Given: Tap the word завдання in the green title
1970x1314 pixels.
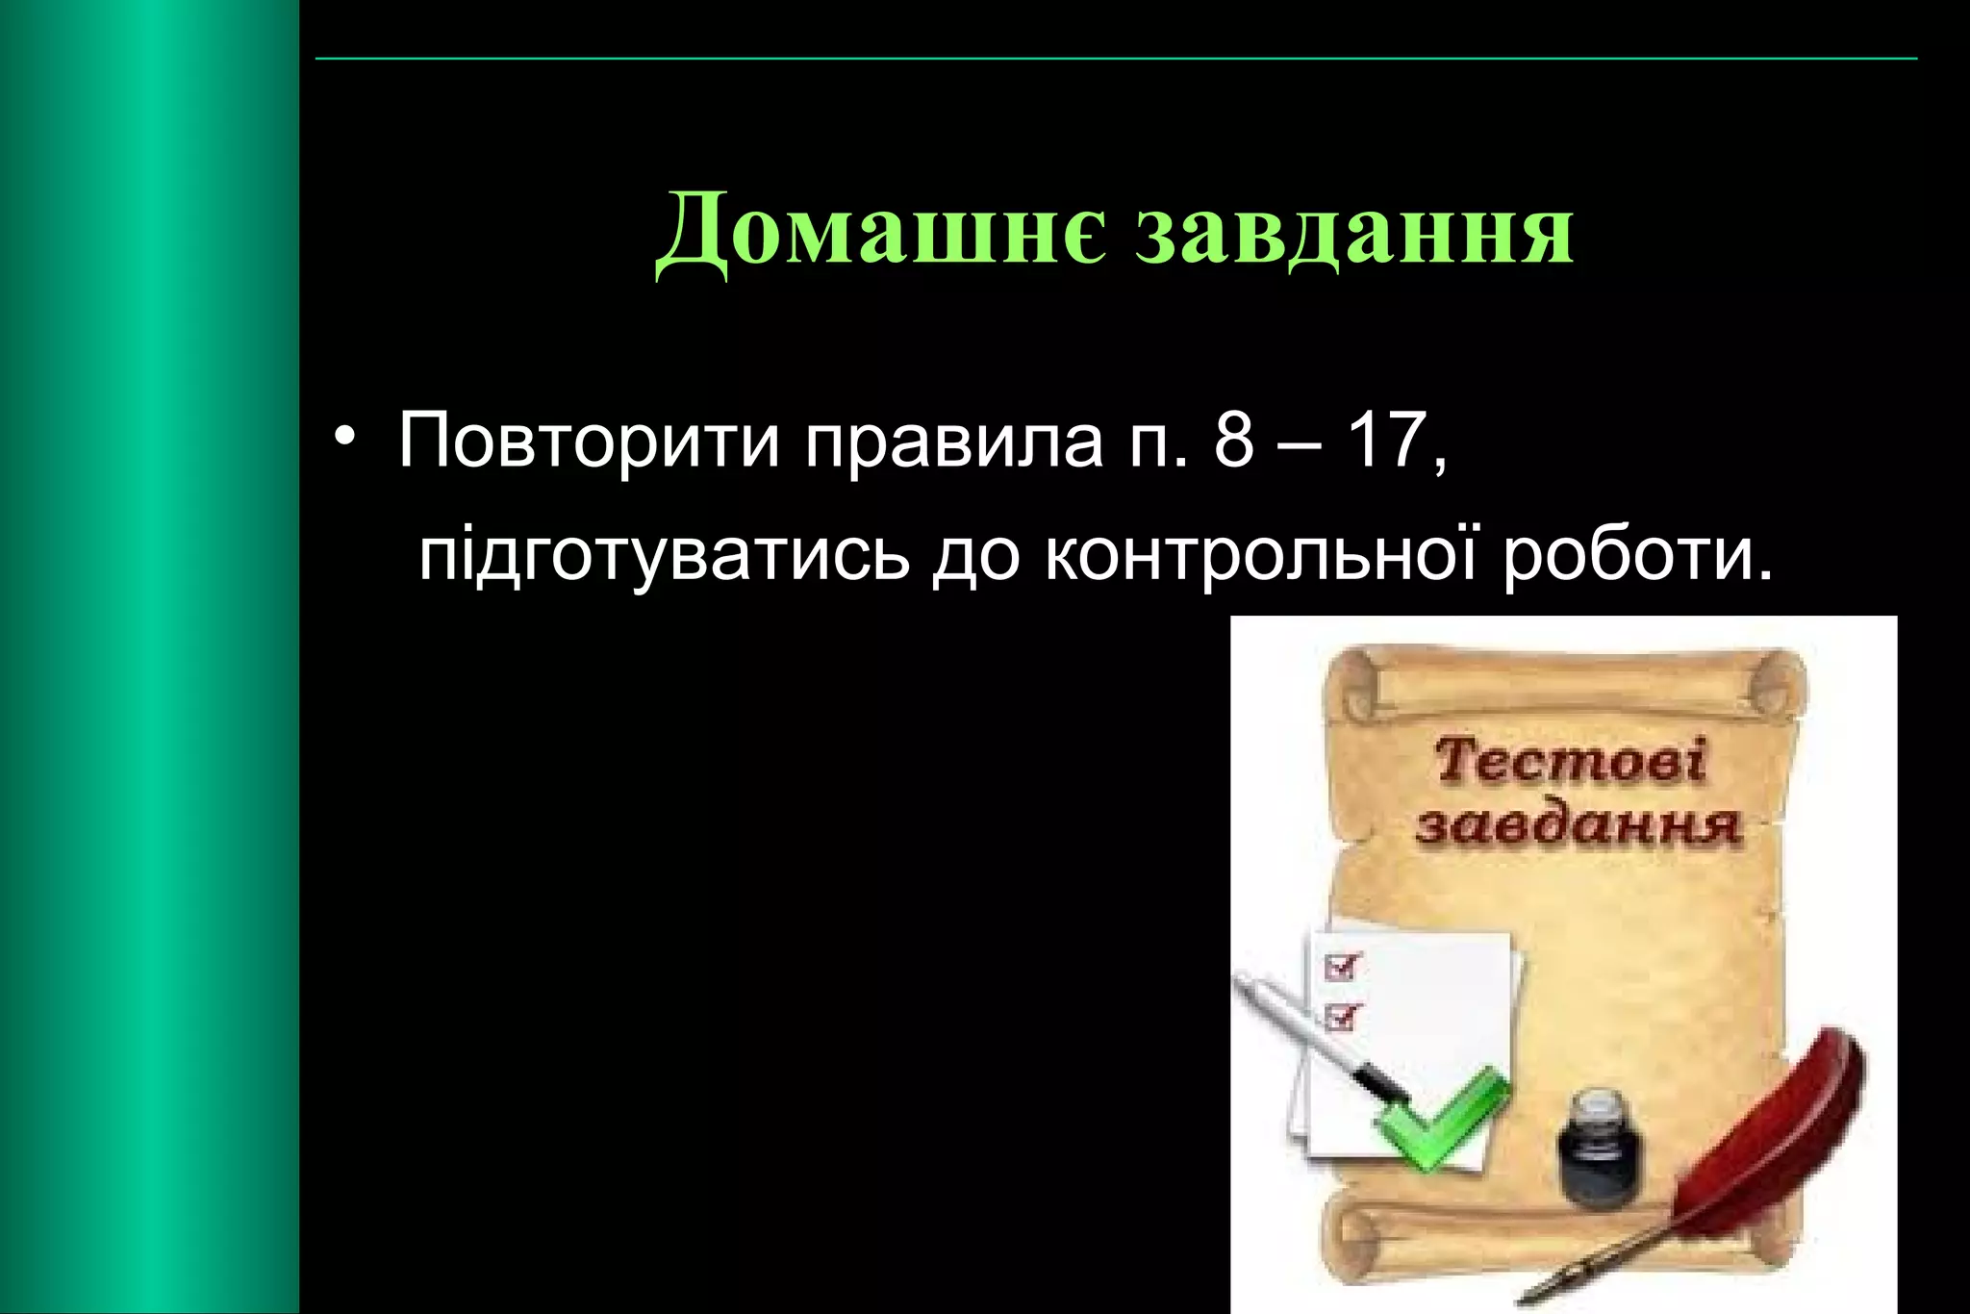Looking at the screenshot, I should (x=1354, y=232).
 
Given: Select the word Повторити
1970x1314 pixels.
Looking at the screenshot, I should (x=589, y=441).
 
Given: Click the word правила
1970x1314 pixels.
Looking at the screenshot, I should (x=954, y=441).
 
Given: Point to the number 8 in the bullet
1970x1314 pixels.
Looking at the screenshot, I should (x=1234, y=441).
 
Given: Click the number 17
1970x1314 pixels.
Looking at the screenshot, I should (x=1383, y=441).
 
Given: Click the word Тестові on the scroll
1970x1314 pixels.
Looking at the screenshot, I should (x=1570, y=762).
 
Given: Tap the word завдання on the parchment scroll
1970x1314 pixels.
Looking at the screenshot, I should (x=1578, y=825).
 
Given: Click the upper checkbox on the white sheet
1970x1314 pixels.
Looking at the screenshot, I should (x=1343, y=965).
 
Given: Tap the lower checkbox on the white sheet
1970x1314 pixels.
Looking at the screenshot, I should (x=1343, y=1015).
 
